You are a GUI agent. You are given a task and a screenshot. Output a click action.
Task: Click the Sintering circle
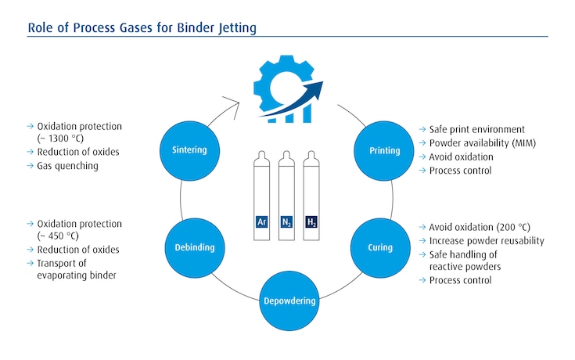tap(190, 149)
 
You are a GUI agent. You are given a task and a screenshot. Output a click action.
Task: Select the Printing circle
tap(383, 149)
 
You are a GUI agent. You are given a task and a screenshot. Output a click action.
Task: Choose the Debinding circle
tap(190, 247)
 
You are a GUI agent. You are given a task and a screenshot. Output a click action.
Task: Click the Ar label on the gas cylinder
tap(262, 221)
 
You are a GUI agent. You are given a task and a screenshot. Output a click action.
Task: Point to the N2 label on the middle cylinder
tap(287, 221)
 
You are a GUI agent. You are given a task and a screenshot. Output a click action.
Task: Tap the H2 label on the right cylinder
tap(312, 221)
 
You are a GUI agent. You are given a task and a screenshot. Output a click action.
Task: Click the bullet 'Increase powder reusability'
tap(487, 241)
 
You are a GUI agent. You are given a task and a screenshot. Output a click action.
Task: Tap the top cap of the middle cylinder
tap(287, 154)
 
